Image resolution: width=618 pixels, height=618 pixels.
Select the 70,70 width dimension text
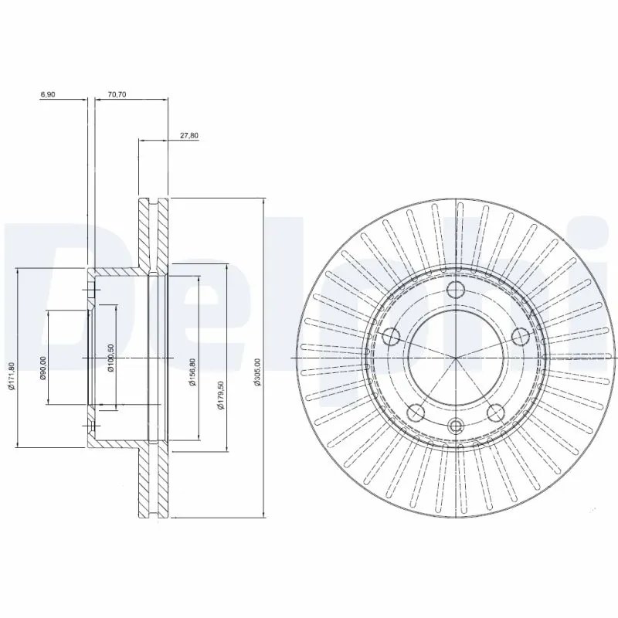coord(117,94)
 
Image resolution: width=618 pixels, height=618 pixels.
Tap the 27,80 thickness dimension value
coord(188,135)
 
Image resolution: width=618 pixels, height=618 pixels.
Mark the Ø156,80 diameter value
coord(191,369)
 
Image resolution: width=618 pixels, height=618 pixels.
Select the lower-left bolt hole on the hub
coord(417,413)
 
